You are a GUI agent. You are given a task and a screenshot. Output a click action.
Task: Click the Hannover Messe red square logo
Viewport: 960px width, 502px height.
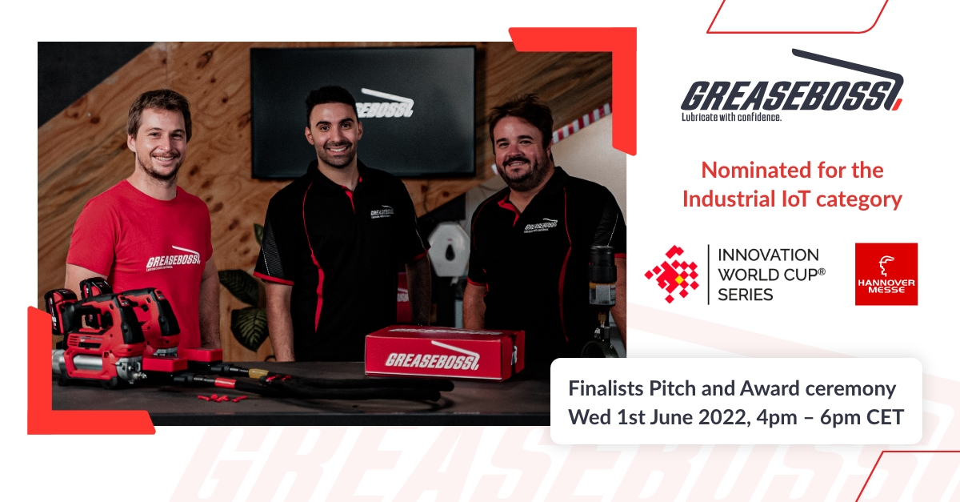click(886, 275)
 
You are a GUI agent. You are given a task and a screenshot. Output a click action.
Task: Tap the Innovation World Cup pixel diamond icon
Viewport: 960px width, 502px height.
click(672, 274)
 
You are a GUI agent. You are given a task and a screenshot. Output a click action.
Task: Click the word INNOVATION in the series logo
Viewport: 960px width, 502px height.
click(768, 255)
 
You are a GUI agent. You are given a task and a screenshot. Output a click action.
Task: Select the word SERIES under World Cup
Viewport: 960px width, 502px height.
click(746, 294)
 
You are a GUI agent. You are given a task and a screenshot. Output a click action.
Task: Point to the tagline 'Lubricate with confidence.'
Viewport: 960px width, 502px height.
click(730, 117)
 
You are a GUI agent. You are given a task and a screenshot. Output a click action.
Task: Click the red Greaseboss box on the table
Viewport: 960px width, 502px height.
click(444, 352)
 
